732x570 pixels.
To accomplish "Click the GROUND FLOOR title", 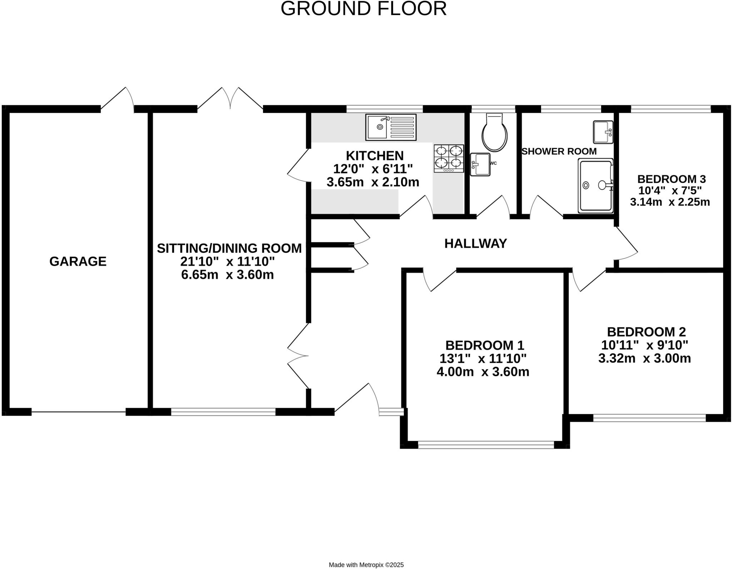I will click(363, 9).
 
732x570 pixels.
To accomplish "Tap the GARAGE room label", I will click(78, 261).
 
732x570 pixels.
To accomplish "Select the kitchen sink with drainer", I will click(391, 127).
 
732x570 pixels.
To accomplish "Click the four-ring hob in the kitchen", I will click(449, 158).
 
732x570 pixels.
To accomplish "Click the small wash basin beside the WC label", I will click(480, 164).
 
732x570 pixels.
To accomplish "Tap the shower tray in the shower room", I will click(596, 186).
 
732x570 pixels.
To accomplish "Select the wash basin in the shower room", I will click(603, 132).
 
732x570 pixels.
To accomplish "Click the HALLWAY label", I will click(475, 244).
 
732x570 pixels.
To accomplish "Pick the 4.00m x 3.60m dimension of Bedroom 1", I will click(483, 372).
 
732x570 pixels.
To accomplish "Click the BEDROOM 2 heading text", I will click(646, 332).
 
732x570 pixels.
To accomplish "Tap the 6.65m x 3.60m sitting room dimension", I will click(227, 275).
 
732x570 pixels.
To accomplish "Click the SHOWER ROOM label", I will click(559, 151).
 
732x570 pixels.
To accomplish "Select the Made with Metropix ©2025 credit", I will click(366, 565).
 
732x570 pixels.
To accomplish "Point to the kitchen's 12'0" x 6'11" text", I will click(373, 169).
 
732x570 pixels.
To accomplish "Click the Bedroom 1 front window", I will click(486, 445).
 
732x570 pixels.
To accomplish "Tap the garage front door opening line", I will click(79, 412).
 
